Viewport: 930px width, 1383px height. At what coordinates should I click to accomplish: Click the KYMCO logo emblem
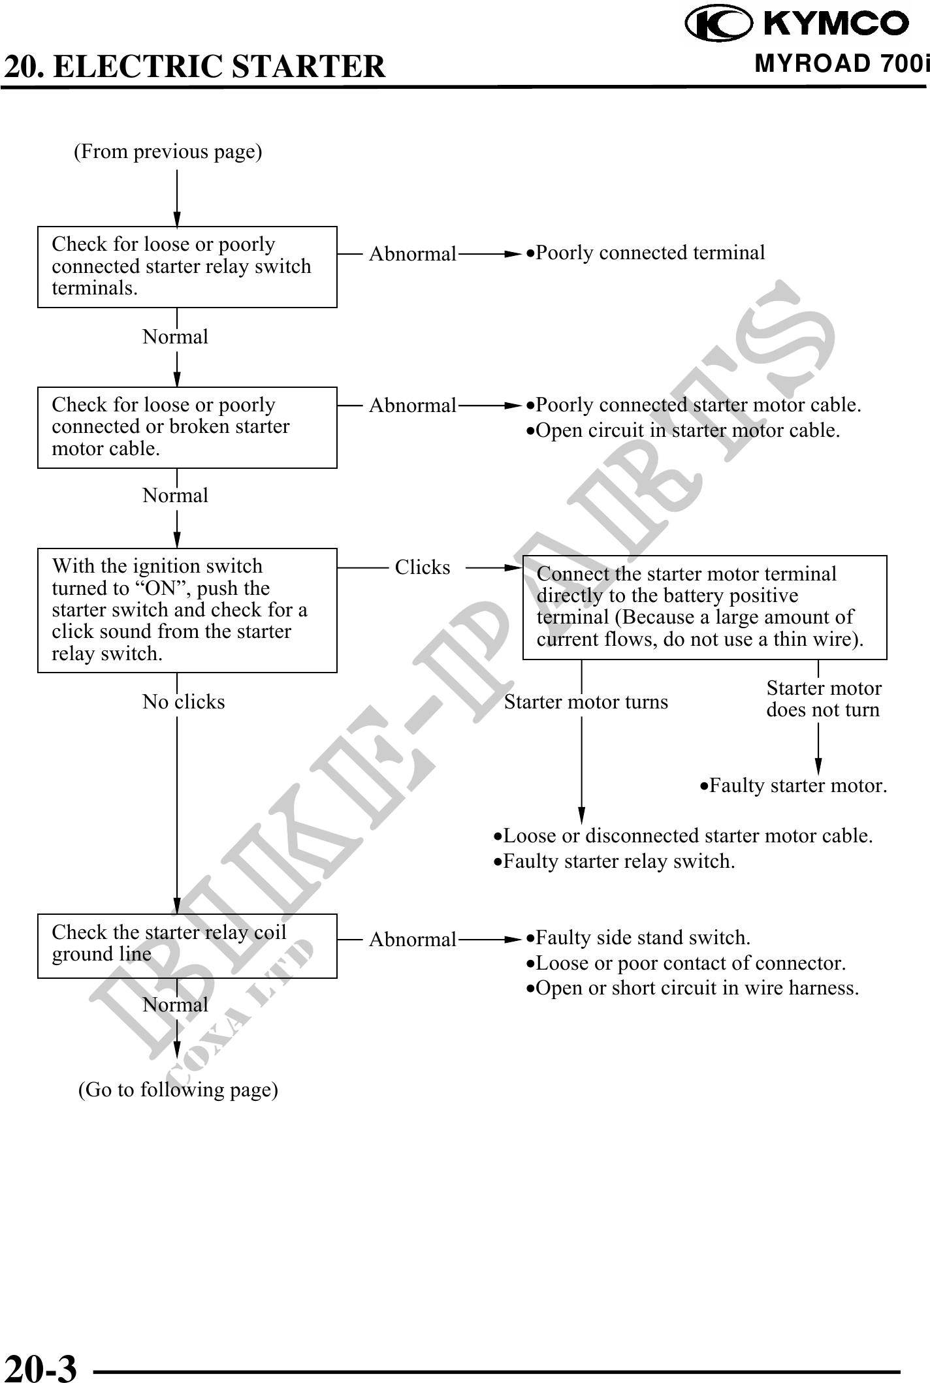click(x=717, y=23)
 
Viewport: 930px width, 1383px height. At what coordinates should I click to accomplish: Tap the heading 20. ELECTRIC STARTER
click(x=195, y=67)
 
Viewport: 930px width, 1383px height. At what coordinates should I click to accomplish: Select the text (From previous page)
click(x=168, y=152)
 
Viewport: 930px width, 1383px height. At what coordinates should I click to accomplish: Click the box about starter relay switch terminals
click(x=187, y=266)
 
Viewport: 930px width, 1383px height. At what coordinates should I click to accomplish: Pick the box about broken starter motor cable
click(x=187, y=427)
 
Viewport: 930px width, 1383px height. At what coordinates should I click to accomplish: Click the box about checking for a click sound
click(x=187, y=610)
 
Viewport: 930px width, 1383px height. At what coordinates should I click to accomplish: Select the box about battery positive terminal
click(x=704, y=607)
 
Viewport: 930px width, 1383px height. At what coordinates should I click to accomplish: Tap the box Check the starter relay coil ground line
click(x=187, y=945)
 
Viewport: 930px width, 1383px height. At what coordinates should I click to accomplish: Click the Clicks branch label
click(x=423, y=567)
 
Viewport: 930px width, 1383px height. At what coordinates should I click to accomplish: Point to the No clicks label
click(x=184, y=702)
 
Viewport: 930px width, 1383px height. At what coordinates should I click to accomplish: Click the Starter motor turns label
click(x=586, y=702)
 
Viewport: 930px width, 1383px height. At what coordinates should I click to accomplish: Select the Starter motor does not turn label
click(x=823, y=699)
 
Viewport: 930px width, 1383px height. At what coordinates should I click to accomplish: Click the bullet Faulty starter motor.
click(x=794, y=786)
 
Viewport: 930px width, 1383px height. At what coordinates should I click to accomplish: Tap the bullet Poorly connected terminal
click(x=646, y=253)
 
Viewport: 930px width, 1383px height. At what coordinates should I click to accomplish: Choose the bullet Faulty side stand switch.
click(x=639, y=938)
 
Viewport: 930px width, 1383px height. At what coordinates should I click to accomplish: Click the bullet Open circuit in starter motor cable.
click(x=683, y=431)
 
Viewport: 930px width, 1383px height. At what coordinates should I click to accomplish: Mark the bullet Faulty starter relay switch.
click(x=614, y=862)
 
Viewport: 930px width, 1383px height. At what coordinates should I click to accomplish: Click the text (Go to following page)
click(x=178, y=1090)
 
